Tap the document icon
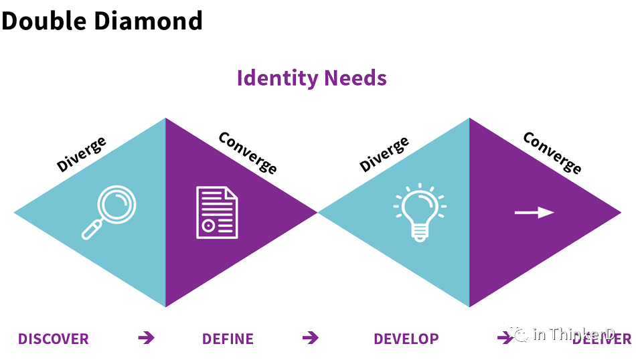coord(216,212)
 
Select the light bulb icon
coord(420,212)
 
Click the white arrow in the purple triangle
coord(534,213)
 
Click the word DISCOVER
coord(54,339)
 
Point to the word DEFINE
coord(228,339)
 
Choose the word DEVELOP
coord(406,339)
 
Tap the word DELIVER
coord(603,339)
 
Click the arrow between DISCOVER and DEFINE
coord(146,338)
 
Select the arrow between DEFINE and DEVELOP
coord(310,338)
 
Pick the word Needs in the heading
coord(355,78)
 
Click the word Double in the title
coord(43,21)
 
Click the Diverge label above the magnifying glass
coord(81,155)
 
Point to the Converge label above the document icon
coord(248,153)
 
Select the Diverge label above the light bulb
coord(384,155)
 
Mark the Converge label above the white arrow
coord(552,153)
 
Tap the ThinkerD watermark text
coord(581,333)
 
